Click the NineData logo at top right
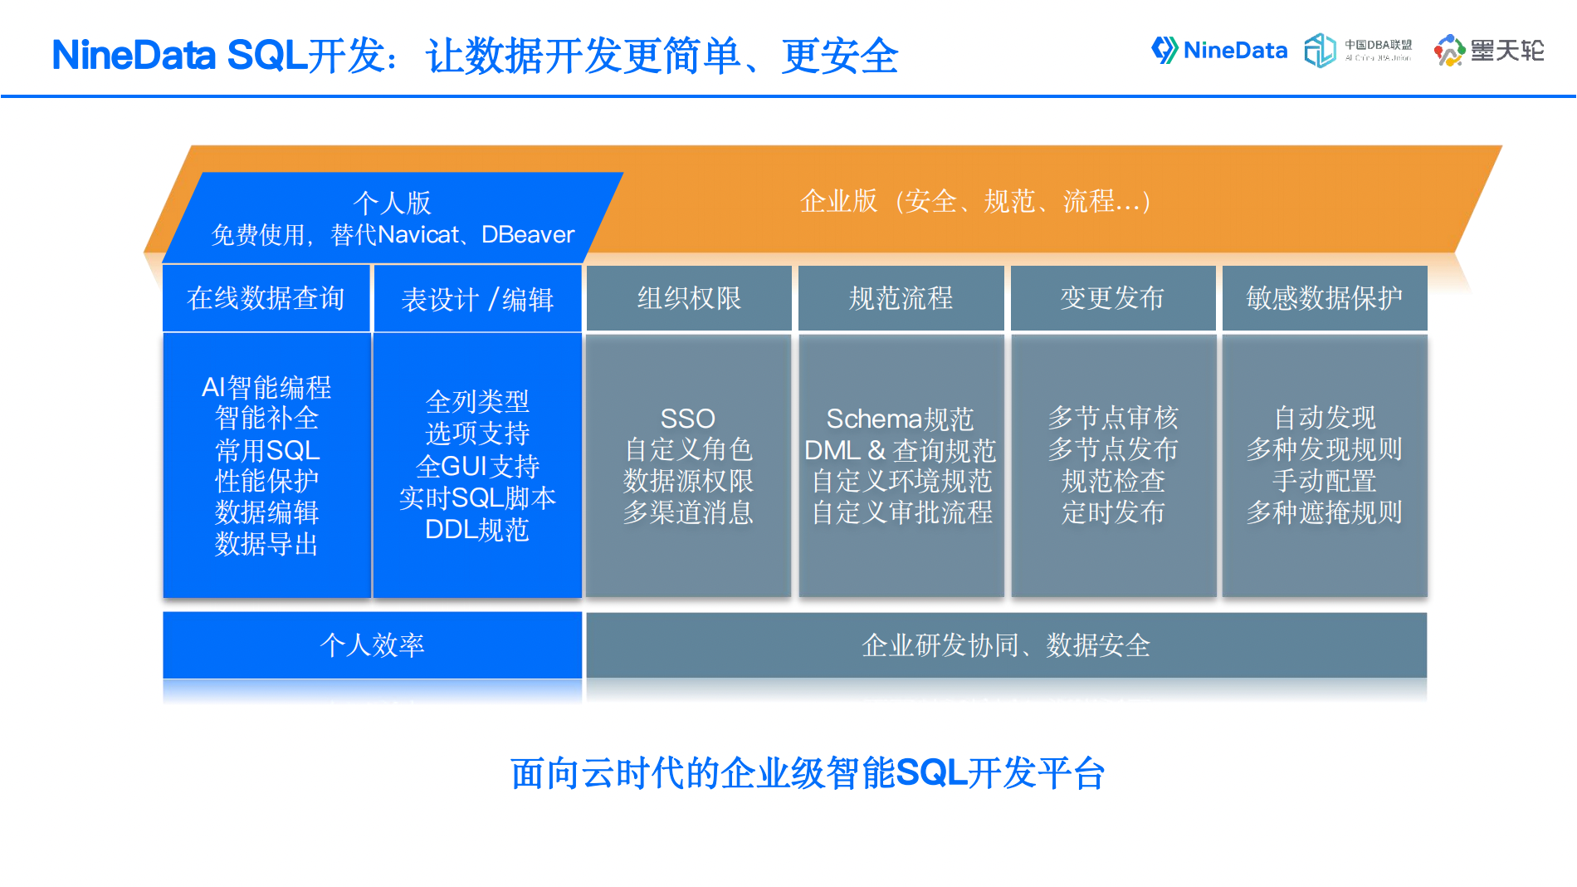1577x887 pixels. [x=1218, y=51]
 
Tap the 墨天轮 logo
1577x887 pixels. [x=1489, y=51]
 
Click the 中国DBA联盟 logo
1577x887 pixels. [x=1358, y=51]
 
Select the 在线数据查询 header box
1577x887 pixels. [x=266, y=298]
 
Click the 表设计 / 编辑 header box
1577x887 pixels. [x=477, y=299]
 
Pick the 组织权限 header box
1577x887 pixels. [x=689, y=298]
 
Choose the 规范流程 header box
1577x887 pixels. [x=901, y=298]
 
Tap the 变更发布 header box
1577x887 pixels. [x=1112, y=298]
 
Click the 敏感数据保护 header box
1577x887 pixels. [x=1324, y=298]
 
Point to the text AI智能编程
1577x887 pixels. [x=266, y=387]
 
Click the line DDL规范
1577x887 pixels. [x=477, y=530]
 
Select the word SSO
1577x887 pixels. [x=687, y=418]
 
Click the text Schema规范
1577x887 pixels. [x=900, y=418]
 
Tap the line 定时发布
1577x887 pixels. [x=1112, y=512]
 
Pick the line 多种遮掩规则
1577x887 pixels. [x=1324, y=512]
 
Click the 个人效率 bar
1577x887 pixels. [x=372, y=645]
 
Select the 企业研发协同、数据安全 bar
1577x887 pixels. [x=1006, y=645]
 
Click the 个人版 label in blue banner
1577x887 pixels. [x=392, y=203]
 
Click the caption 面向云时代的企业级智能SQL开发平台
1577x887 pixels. [x=807, y=773]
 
